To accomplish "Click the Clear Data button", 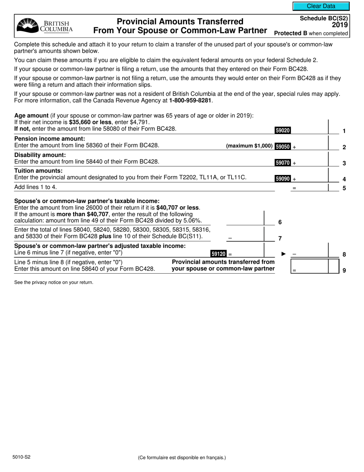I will (x=321, y=6).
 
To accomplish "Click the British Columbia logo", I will (x=45, y=26).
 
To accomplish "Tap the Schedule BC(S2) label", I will (x=324, y=18).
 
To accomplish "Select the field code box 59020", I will (x=282, y=130).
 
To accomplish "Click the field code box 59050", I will (x=282, y=147).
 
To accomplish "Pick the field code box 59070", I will (x=282, y=163).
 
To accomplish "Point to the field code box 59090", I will (x=282, y=178).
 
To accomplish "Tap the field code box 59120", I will (x=218, y=254).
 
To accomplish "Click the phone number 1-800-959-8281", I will (x=190, y=101).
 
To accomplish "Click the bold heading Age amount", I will (x=31, y=116).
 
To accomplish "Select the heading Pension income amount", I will (x=49, y=139).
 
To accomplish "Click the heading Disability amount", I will (x=40, y=155).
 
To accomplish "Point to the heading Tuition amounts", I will (x=38, y=170).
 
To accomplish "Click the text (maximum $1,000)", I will (x=249, y=146).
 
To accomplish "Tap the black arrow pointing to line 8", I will (x=284, y=254).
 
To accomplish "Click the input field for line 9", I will (x=314, y=266).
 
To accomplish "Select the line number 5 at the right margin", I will (x=344, y=188).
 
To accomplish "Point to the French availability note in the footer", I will (x=182, y=457).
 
